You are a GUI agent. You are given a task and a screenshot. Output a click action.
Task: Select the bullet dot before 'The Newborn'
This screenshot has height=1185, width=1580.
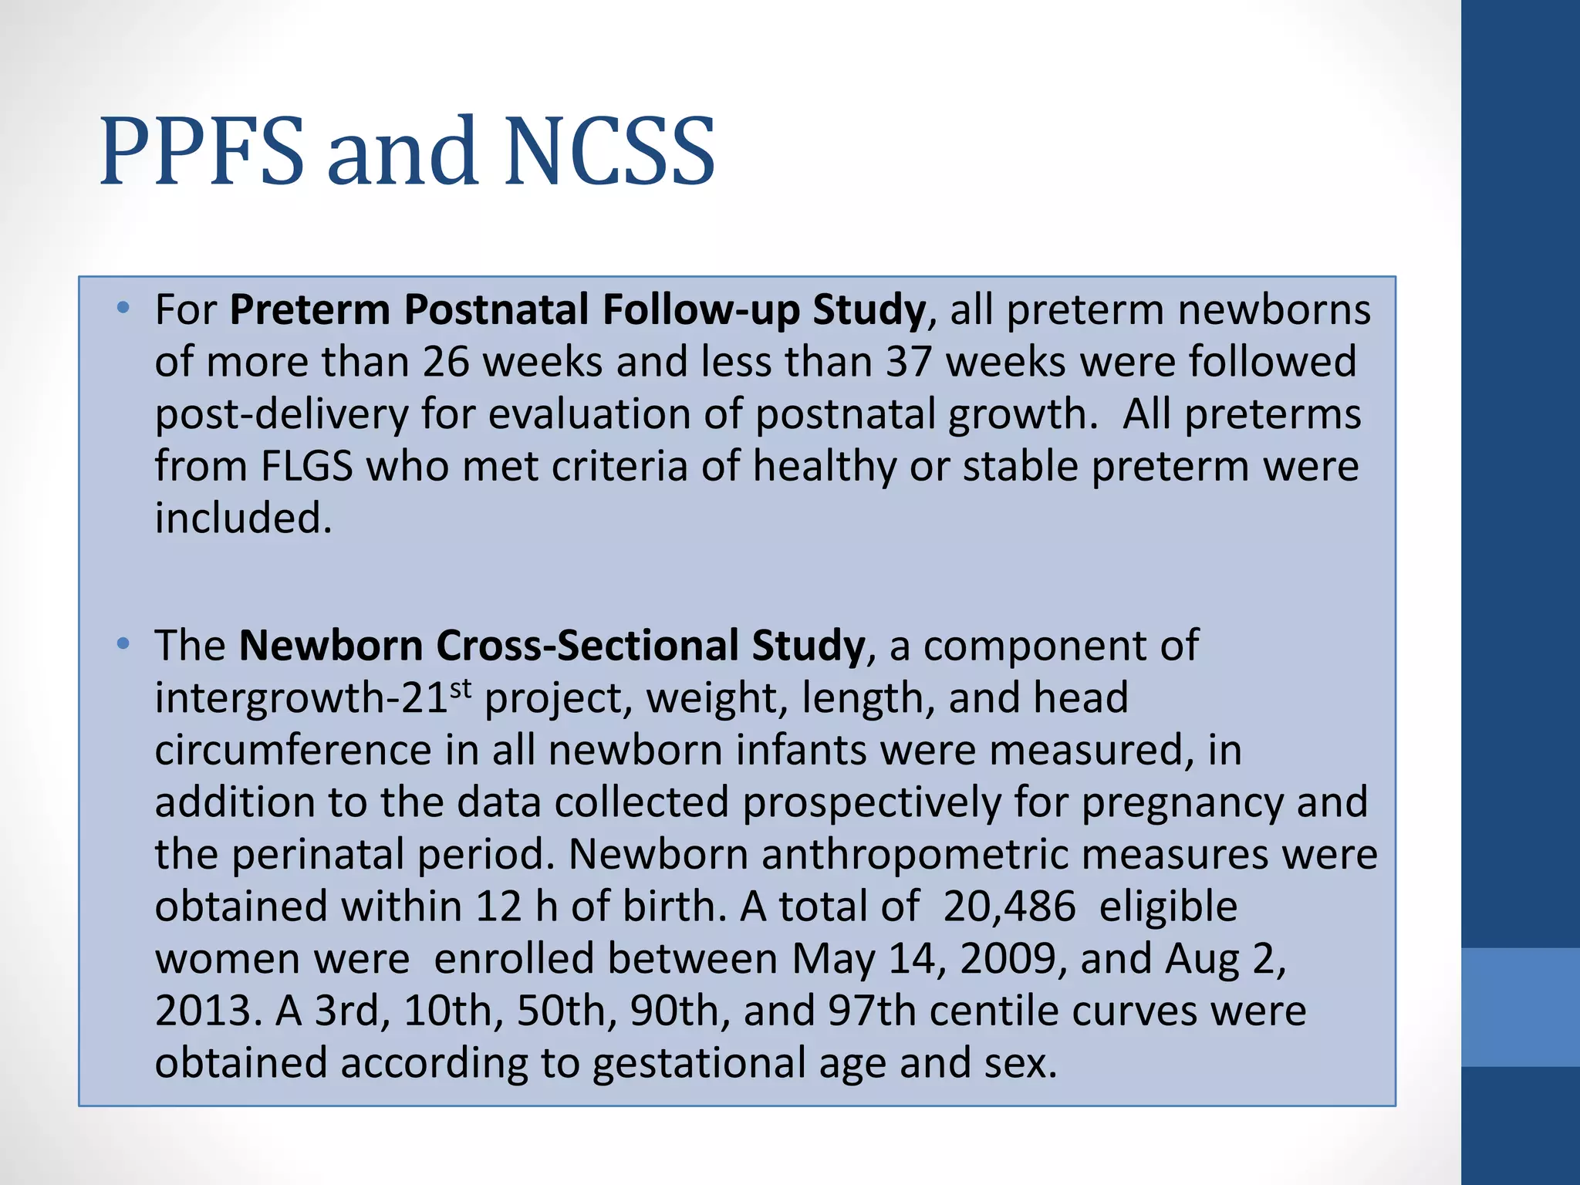tap(123, 644)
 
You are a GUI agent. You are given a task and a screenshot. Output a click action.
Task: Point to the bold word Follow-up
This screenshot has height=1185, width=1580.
tap(701, 311)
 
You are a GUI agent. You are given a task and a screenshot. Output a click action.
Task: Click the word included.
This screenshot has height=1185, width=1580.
tap(243, 518)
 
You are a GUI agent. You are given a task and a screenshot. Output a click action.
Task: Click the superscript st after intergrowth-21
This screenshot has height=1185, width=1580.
tap(461, 688)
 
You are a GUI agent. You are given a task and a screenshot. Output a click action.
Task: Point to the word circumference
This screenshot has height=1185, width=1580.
tap(292, 750)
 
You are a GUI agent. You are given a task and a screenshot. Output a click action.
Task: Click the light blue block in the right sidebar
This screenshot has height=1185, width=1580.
tap(1521, 1008)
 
